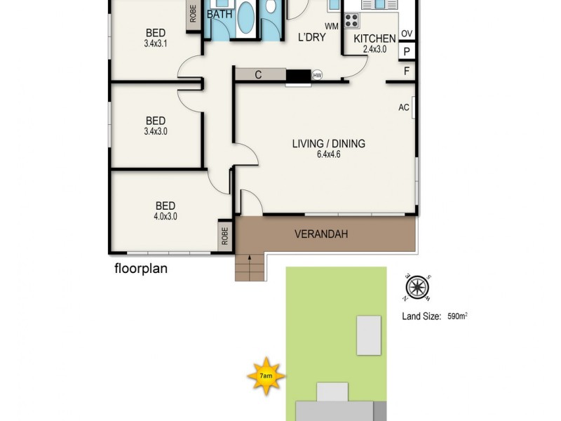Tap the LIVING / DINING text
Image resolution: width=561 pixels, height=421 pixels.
[x=329, y=144]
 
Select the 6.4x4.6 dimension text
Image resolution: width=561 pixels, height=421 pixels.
[x=328, y=155]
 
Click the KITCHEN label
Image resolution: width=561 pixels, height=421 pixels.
[x=374, y=39]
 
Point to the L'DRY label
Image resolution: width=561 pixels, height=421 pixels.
[x=312, y=38]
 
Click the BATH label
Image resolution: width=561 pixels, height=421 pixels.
[x=219, y=14]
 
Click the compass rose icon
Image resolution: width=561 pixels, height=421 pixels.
[x=416, y=286]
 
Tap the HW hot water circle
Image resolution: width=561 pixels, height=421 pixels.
[x=317, y=75]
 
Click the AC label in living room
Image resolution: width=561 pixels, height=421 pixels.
[x=403, y=107]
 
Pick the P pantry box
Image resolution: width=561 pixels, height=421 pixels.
[x=407, y=52]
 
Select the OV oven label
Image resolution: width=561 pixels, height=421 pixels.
[x=407, y=34]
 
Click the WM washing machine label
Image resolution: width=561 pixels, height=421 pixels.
[x=331, y=27]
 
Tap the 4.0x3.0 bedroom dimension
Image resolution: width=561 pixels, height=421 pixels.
[x=165, y=217]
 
